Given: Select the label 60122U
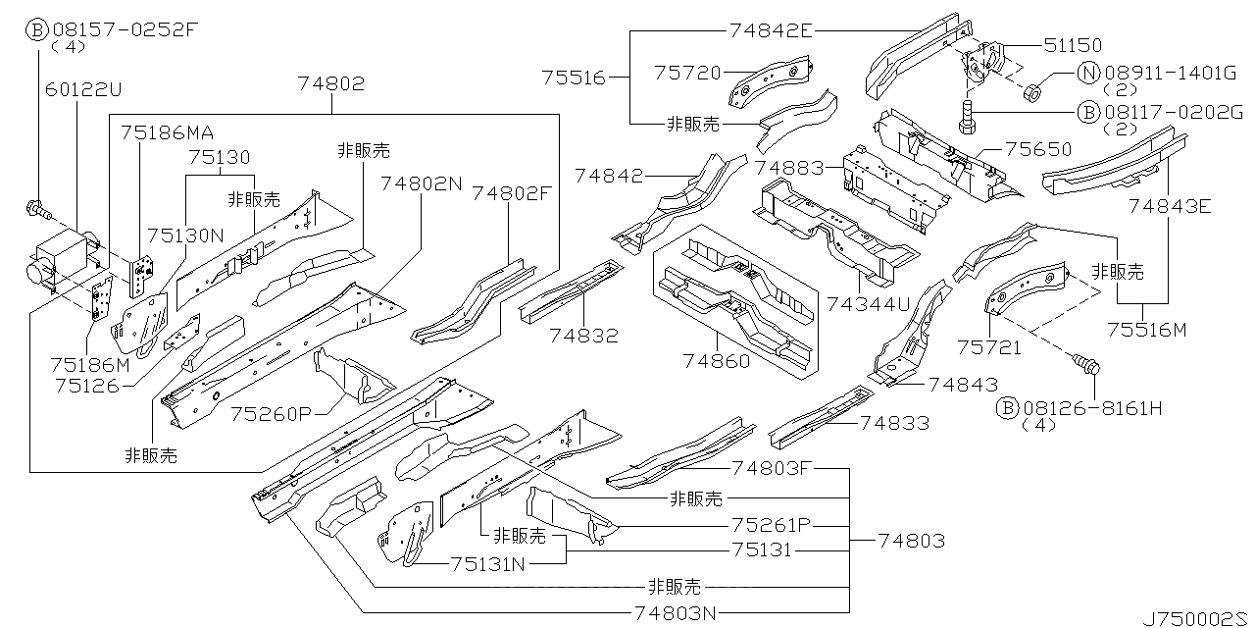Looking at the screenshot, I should pyautogui.click(x=83, y=89).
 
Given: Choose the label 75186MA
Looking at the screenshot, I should pyautogui.click(x=167, y=131).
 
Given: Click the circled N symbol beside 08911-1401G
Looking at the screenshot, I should pyautogui.click(x=1087, y=73).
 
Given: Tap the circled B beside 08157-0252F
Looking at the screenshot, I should pyautogui.click(x=35, y=28).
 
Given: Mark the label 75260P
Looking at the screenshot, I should pyautogui.click(x=270, y=413).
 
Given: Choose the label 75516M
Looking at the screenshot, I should pyautogui.click(x=1146, y=330).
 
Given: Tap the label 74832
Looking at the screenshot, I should pyautogui.click(x=583, y=336).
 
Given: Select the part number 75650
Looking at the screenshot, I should pyautogui.click(x=1038, y=150).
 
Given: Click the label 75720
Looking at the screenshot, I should pyautogui.click(x=687, y=72).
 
